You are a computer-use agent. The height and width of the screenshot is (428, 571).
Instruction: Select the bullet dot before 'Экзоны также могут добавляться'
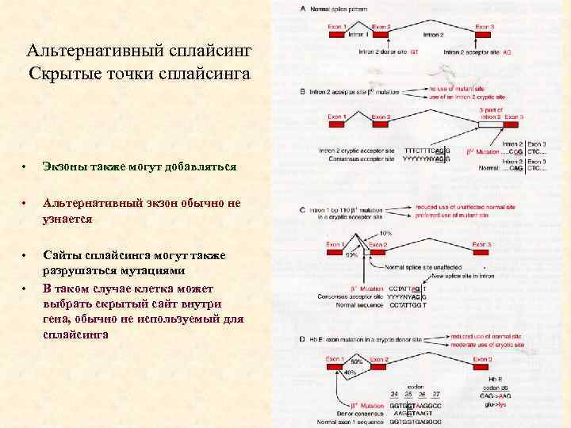[x=25, y=168]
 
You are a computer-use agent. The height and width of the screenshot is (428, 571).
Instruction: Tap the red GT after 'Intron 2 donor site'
[x=414, y=51]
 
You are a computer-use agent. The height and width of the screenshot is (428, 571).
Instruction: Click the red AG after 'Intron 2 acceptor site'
[x=508, y=51]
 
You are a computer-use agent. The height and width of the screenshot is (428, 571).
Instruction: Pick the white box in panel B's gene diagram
[x=490, y=124]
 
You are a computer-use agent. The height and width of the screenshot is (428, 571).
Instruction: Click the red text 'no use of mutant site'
[x=459, y=89]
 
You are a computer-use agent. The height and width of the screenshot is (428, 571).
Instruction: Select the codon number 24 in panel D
[x=395, y=394]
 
